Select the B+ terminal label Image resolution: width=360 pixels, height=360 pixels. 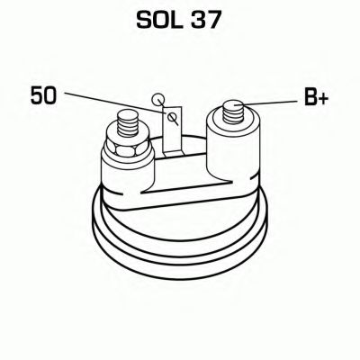coord(315,97)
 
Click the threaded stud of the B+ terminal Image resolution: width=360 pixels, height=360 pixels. coord(232,112)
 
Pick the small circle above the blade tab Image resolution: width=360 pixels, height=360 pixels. coord(160,99)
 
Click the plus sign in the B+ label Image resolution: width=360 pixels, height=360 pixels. coord(322,97)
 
